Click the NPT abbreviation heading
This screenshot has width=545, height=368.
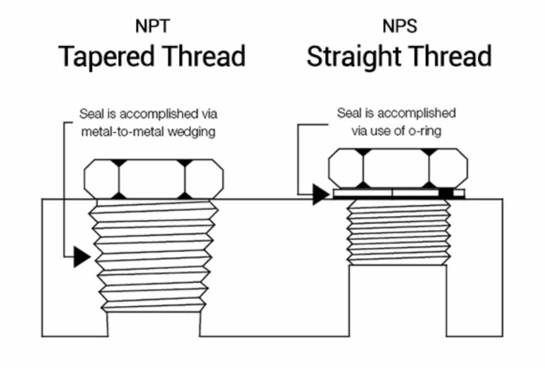pyautogui.click(x=152, y=26)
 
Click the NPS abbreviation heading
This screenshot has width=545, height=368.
pyautogui.click(x=399, y=26)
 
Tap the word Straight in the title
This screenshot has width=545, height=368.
pyautogui.click(x=357, y=57)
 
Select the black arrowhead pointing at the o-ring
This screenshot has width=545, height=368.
pyautogui.click(x=320, y=194)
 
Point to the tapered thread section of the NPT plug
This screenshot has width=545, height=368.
pyautogui.click(x=154, y=256)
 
